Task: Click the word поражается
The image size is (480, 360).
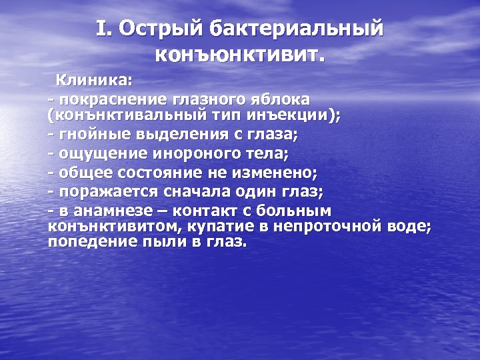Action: [100, 192]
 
